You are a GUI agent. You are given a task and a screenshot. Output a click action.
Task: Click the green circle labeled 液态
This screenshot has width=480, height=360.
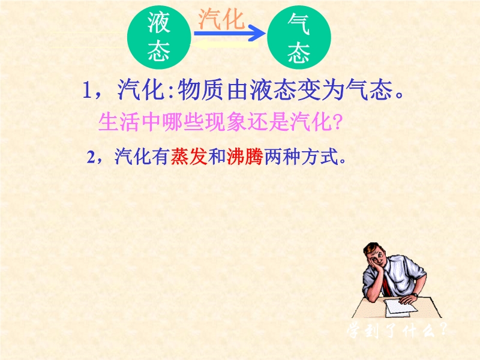click(159, 37)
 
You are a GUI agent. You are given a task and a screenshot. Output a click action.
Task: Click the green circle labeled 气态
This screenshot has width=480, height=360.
click(299, 37)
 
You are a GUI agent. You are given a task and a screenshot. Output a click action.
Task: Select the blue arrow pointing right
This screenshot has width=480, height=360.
click(230, 33)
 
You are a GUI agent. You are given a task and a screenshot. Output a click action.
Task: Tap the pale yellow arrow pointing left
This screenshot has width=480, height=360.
click(225, 45)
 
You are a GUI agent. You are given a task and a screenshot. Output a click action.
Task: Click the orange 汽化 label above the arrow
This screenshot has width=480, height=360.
click(221, 19)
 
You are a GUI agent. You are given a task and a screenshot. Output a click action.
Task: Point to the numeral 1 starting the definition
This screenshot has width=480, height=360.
click(87, 91)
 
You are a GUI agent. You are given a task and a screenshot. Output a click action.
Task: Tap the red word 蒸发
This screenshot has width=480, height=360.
click(189, 157)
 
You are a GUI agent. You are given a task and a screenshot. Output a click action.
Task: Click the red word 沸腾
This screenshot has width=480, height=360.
click(245, 157)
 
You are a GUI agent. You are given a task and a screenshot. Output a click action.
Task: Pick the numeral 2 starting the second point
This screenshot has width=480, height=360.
click(91, 157)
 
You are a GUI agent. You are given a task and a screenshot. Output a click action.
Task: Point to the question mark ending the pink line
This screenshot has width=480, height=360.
click(337, 122)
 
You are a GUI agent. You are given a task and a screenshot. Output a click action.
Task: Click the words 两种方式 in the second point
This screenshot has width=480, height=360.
click(301, 157)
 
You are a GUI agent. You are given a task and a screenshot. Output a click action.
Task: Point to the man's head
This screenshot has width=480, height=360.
click(376, 255)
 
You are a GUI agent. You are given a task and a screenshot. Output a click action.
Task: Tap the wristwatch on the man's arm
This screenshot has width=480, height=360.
click(415, 295)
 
